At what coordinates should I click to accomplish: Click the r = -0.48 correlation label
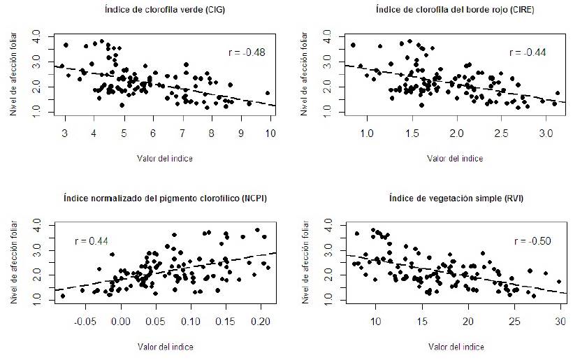tap(247, 52)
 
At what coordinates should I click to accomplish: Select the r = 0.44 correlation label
tap(90, 241)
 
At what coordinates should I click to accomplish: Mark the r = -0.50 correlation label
tap(532, 241)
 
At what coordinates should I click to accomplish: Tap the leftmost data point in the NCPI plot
tap(62, 296)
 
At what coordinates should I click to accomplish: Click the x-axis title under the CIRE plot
tap(455, 158)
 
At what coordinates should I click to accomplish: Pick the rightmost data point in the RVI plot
tap(559, 282)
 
